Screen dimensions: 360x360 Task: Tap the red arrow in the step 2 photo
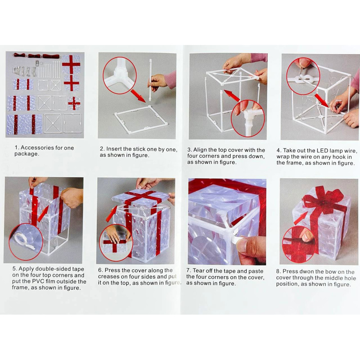point(138,96)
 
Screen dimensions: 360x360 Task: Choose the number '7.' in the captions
point(189,271)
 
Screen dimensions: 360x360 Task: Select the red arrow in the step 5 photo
point(43,214)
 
